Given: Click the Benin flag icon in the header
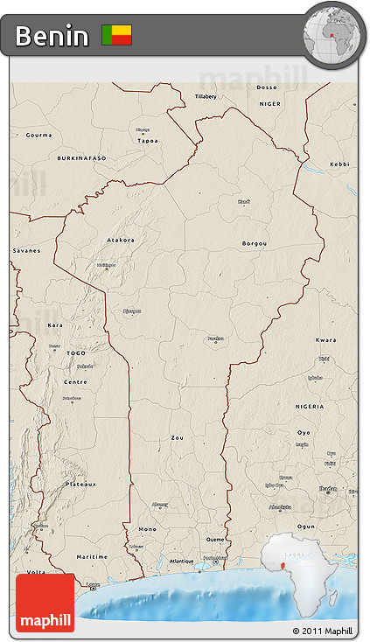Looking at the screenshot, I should (x=116, y=35).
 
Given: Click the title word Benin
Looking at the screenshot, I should (x=52, y=36).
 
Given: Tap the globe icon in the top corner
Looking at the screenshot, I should (x=333, y=34).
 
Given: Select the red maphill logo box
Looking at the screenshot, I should (x=45, y=602).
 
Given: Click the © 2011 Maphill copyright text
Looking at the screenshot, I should (x=323, y=631).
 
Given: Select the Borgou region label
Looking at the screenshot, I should (x=255, y=243).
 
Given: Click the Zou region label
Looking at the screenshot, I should (x=178, y=437).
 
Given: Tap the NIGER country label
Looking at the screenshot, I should (x=270, y=103).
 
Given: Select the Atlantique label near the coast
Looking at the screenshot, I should (x=181, y=561).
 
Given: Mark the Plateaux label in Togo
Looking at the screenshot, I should (x=80, y=484).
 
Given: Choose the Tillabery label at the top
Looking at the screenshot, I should (x=206, y=95).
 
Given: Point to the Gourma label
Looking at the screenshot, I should (x=38, y=135).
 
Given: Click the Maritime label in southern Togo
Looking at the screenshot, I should (x=92, y=556).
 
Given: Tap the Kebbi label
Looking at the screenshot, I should (x=339, y=164).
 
